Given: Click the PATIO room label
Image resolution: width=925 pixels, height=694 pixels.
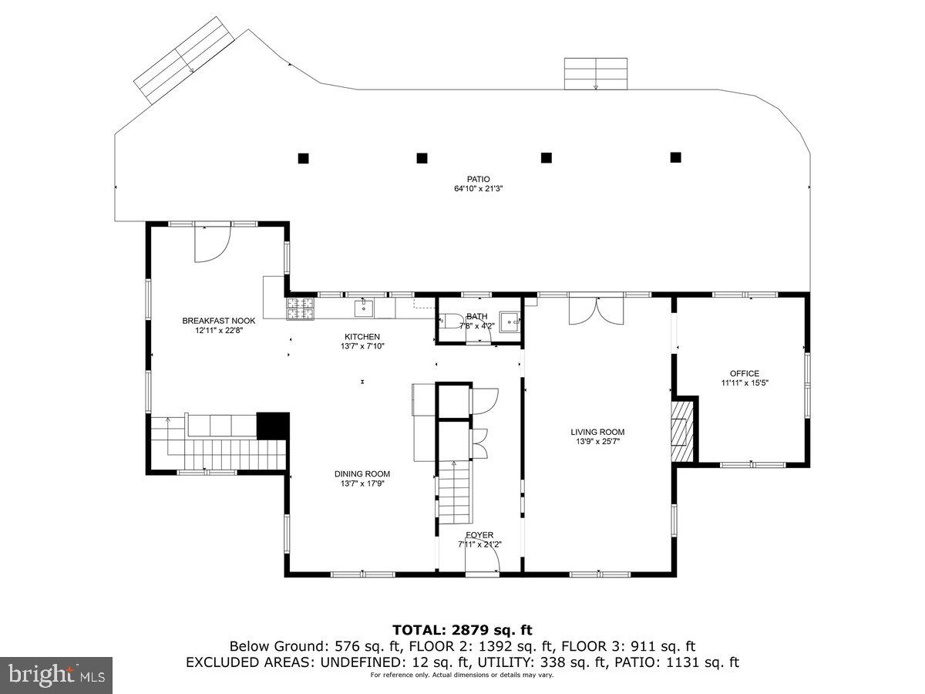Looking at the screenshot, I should pos(478,179).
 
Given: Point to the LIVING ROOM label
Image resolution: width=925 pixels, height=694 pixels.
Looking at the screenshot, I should pos(597,432).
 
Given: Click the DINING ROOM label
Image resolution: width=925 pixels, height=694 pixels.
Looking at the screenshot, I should pos(362,473).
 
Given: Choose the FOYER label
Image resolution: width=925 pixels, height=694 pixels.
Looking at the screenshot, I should pos(479,535).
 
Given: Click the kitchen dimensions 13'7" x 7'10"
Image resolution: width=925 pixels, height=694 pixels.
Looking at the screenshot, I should pos(362,346).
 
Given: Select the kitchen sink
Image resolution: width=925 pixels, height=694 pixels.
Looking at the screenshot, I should pos(365,308).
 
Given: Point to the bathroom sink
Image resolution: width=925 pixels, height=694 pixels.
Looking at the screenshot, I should pos(509,322).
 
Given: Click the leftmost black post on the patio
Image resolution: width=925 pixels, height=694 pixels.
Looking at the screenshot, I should pos(304,158).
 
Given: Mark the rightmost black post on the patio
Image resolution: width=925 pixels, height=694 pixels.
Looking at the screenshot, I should pos(676,157).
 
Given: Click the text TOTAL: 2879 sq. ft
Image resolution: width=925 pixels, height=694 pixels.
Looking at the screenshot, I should pos(462,630).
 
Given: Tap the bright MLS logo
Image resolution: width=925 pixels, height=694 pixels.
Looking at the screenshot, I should pos(56,675).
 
